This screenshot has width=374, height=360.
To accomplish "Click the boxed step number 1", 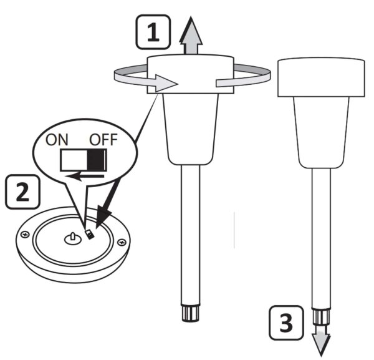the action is pos(153,32).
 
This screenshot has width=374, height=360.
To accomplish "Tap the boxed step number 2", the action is pos(22,192).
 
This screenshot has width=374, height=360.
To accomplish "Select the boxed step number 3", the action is pos(286,323).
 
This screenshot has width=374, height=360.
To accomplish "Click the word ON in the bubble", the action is pos(57,140).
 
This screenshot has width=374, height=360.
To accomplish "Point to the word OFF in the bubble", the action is pos(103,140).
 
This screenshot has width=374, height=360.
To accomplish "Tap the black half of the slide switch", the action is pos(97,160).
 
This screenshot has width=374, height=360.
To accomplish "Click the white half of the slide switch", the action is pos(74,160).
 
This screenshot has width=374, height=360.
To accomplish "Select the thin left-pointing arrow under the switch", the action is pos(85,177).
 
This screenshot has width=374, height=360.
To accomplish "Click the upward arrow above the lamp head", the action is pos(191,36).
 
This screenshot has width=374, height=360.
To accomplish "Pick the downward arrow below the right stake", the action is pos(321,341).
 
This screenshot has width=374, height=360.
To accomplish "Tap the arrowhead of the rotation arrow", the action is pos(166,83).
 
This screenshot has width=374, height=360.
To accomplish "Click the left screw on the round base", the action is pos(25,235).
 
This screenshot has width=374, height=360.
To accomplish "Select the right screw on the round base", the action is pos(122,243).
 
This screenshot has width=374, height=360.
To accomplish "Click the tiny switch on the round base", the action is pos(89,235).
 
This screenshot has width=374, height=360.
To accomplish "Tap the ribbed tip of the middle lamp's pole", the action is pos(191,313).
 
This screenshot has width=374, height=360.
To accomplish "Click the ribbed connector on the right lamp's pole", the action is pos(321,317).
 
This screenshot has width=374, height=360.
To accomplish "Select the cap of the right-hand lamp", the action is pos(321,77).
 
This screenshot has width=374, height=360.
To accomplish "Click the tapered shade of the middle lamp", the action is pos(191,129).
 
